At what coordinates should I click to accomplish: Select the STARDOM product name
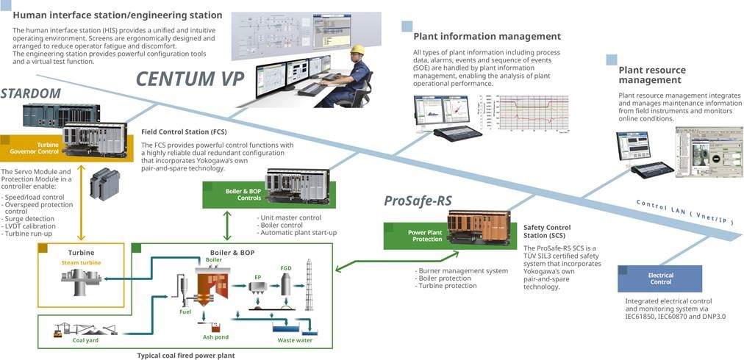tap(30, 93)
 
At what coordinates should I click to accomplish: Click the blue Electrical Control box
tap(660, 278)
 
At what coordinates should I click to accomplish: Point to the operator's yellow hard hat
tap(357, 49)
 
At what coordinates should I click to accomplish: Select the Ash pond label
tap(215, 336)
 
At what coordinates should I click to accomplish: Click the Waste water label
tap(295, 340)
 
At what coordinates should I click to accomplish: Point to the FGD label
tap(286, 268)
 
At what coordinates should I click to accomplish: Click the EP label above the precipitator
tap(258, 277)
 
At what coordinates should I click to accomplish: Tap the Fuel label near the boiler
tap(185, 311)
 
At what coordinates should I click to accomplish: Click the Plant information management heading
tap(487, 36)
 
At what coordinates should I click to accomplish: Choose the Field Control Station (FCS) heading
tap(183, 132)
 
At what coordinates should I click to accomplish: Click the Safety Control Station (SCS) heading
tap(546, 232)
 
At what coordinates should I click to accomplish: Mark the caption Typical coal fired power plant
tap(187, 355)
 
